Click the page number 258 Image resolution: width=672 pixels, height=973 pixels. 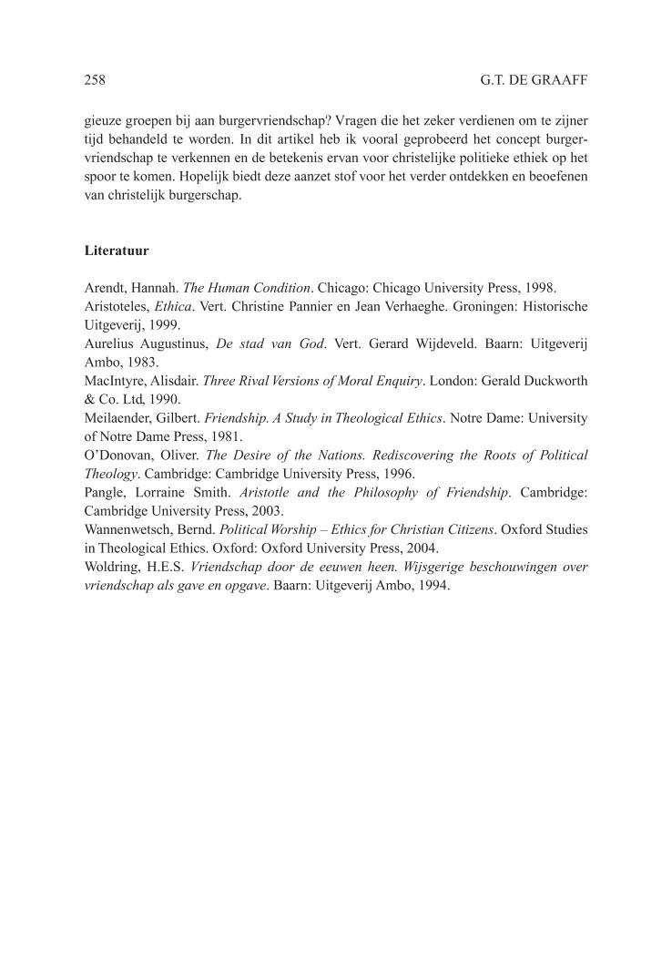(x=95, y=80)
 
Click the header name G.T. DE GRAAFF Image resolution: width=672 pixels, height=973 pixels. (x=534, y=80)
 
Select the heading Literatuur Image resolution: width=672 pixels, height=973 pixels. (x=117, y=249)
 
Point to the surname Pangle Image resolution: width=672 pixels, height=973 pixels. (x=104, y=492)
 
